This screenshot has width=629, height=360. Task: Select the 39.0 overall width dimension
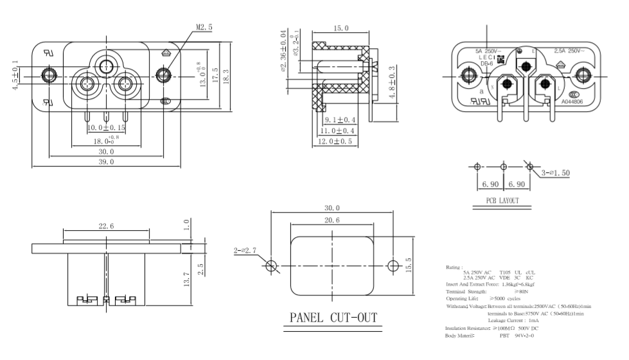(107, 163)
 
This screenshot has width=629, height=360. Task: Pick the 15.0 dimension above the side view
(341, 29)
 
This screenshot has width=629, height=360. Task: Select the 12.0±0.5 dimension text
(335, 141)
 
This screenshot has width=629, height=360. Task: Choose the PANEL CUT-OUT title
(333, 318)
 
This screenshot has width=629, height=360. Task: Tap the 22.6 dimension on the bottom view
(106, 226)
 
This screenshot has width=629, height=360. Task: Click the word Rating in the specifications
(453, 266)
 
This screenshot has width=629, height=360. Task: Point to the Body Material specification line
(490, 336)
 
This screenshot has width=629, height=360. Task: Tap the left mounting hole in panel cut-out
(271, 265)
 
